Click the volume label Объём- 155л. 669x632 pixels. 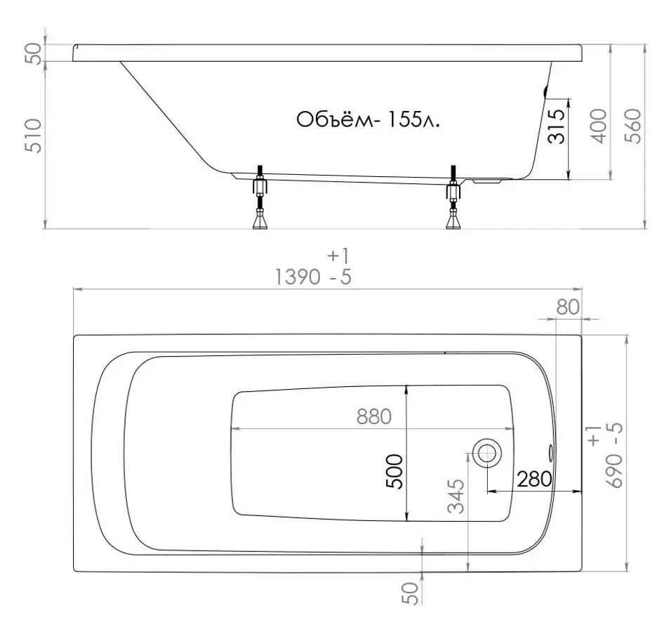click(x=369, y=119)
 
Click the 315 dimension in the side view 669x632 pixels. click(x=556, y=126)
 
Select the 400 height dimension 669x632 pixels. click(x=597, y=126)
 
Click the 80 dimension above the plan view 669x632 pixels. click(x=569, y=307)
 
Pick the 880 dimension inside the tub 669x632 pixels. click(x=373, y=416)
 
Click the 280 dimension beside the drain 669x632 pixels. click(x=534, y=480)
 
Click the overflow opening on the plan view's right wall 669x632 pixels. click(x=550, y=452)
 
